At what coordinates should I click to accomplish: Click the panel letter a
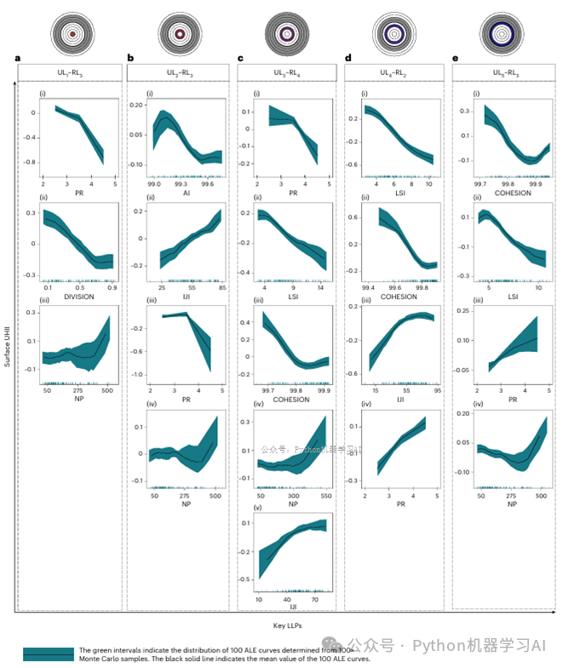pos(19,59)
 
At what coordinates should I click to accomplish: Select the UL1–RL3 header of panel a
pos(72,72)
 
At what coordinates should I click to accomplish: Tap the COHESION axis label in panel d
pos(398,297)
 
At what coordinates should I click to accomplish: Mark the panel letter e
pos(456,59)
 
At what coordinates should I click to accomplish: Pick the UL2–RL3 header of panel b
pos(181,72)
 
